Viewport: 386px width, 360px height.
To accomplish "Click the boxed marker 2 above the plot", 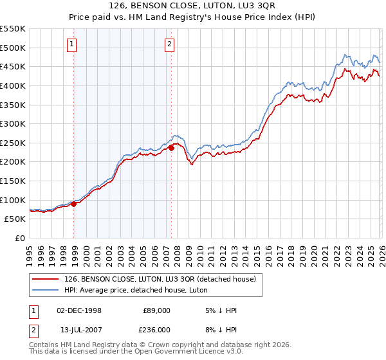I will point(169,44).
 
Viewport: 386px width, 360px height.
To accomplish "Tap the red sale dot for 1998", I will point(74,204).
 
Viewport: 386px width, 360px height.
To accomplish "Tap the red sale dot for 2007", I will point(172,148).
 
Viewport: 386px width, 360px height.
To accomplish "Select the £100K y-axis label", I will point(13,200).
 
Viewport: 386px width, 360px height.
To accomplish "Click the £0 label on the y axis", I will point(19,238).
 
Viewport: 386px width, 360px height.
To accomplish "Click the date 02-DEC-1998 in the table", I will point(78,310).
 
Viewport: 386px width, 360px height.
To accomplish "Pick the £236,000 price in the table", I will point(156,329).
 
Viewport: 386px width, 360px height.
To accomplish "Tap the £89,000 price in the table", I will point(156,310).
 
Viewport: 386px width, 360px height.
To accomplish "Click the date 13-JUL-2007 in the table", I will point(78,329).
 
